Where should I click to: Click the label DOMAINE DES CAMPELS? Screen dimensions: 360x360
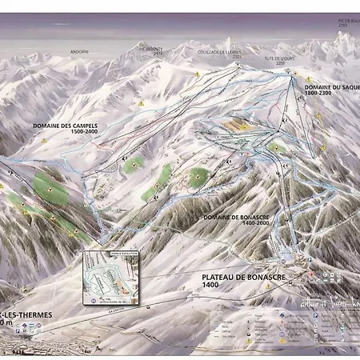click(x=61, y=126)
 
